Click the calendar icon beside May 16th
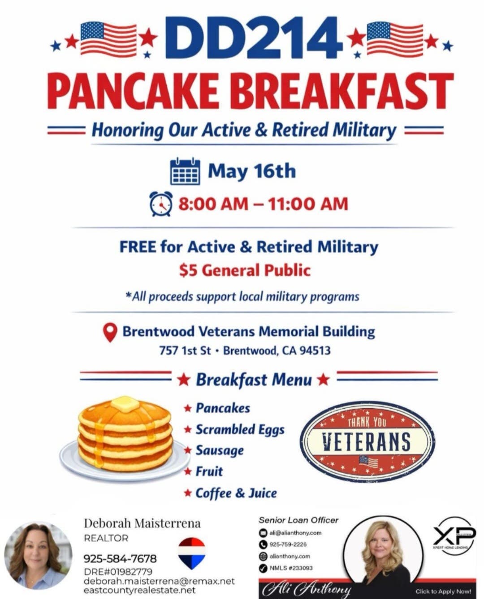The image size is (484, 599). [185, 171]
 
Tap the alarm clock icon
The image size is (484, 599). [160, 204]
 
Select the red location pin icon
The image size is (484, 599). [110, 333]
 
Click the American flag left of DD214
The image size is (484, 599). [108, 39]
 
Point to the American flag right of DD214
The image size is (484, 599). [394, 39]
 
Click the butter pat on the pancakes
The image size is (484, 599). [125, 404]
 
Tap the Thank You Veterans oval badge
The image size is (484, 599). [367, 441]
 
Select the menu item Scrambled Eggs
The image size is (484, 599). [240, 429]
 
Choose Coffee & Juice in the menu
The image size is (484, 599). [236, 493]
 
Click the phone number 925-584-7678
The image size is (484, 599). [120, 559]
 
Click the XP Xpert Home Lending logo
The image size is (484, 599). [453, 536]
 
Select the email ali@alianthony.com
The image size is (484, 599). [295, 533]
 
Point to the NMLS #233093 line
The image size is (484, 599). [291, 568]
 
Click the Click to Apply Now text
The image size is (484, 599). [443, 591]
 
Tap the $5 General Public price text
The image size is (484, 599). [245, 270]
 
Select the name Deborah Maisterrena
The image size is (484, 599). [142, 523]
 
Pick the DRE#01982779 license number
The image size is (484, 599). [118, 572]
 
